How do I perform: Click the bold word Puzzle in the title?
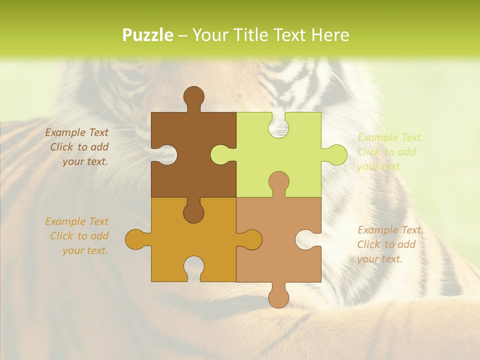click(147, 35)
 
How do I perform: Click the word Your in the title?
click(210, 35)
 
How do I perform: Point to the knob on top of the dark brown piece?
click(193, 97)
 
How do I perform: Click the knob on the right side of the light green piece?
click(335, 154)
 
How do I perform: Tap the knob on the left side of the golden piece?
click(136, 239)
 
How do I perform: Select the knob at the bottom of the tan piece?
click(278, 296)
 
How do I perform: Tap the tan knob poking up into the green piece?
click(278, 182)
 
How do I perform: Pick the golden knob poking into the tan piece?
click(250, 239)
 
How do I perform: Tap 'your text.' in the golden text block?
click(85, 250)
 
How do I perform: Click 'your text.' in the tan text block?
click(379, 259)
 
